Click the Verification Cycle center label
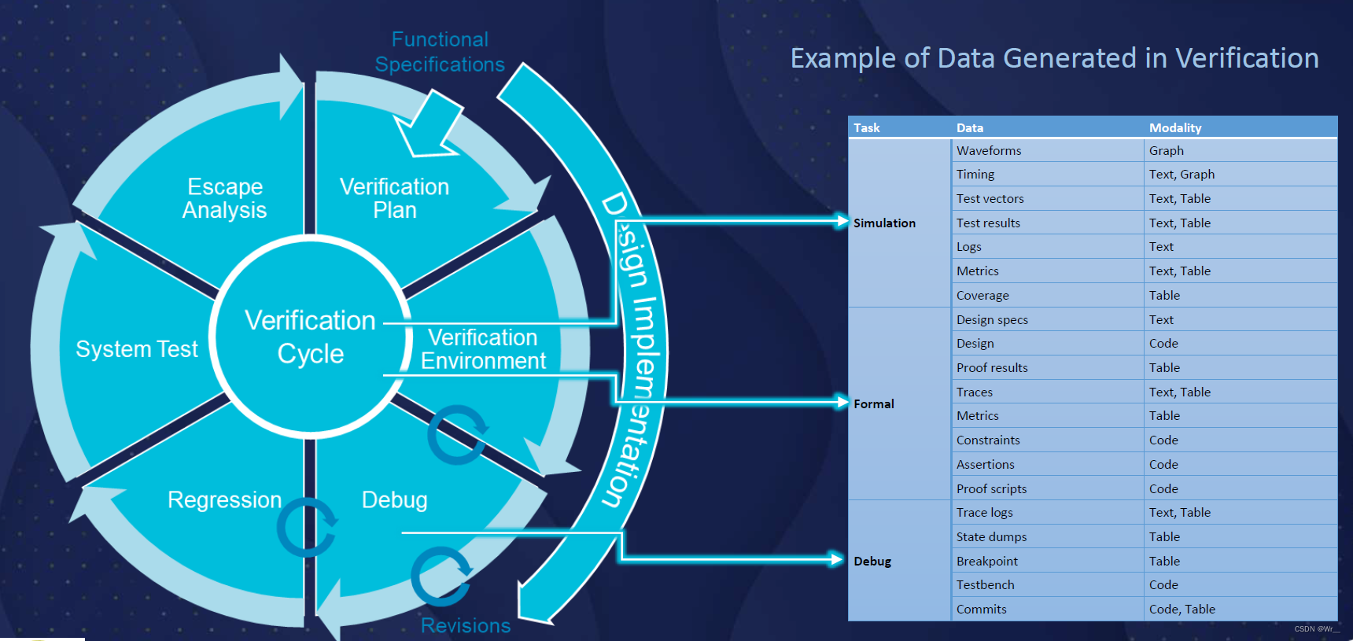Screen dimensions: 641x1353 pyautogui.click(x=310, y=337)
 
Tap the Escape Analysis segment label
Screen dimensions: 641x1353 pyautogui.click(x=225, y=198)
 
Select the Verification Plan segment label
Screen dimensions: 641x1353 pyautogui.click(x=394, y=198)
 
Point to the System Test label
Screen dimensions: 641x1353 pyautogui.click(x=136, y=349)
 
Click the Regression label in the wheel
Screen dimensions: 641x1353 pyautogui.click(x=224, y=499)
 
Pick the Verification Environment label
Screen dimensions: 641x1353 pyautogui.click(x=483, y=349)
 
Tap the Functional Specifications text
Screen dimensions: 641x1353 pyautogui.click(x=440, y=52)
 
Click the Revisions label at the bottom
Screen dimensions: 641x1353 pyautogui.click(x=466, y=625)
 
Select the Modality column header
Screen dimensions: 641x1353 pyautogui.click(x=1175, y=127)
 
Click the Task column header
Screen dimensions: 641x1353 pyautogui.click(x=867, y=127)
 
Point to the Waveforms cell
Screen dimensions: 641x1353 pyautogui.click(x=989, y=150)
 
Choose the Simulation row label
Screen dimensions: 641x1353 pyautogui.click(x=885, y=223)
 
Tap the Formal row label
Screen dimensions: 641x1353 pyautogui.click(x=874, y=403)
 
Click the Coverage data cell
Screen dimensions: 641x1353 pyautogui.click(x=982, y=295)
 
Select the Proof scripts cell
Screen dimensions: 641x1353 pyautogui.click(x=991, y=488)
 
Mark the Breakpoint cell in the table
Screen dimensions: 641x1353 pyautogui.click(x=986, y=561)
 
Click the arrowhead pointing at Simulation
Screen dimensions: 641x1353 pyautogui.click(x=842, y=221)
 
